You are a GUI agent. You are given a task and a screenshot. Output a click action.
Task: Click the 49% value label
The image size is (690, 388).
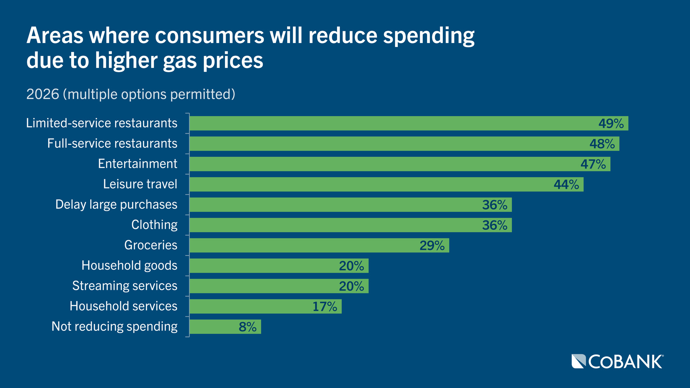click(x=611, y=124)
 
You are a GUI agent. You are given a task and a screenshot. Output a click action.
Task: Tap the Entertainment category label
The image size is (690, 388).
click(x=138, y=164)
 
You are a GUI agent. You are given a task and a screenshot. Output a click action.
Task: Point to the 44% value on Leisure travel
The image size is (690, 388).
click(x=566, y=185)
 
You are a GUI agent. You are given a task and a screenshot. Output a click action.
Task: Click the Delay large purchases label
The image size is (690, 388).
click(x=116, y=204)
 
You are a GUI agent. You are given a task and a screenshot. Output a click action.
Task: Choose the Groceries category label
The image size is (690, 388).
click(x=151, y=245)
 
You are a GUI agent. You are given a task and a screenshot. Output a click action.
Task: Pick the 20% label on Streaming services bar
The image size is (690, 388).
click(x=351, y=286)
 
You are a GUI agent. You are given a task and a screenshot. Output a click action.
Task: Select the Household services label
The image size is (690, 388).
click(x=123, y=306)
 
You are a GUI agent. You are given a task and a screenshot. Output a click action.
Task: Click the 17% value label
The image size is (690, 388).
click(x=325, y=307)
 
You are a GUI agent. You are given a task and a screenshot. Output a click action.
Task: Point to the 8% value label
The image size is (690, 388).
click(x=247, y=327)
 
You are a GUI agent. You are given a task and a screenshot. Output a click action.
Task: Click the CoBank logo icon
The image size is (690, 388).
click(x=579, y=361)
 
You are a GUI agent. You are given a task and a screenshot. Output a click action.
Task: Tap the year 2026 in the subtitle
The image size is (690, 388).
click(x=42, y=94)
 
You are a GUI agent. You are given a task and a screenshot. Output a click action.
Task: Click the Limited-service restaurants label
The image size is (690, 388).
click(x=101, y=123)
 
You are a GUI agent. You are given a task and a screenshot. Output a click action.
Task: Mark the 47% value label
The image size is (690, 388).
click(x=593, y=164)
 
